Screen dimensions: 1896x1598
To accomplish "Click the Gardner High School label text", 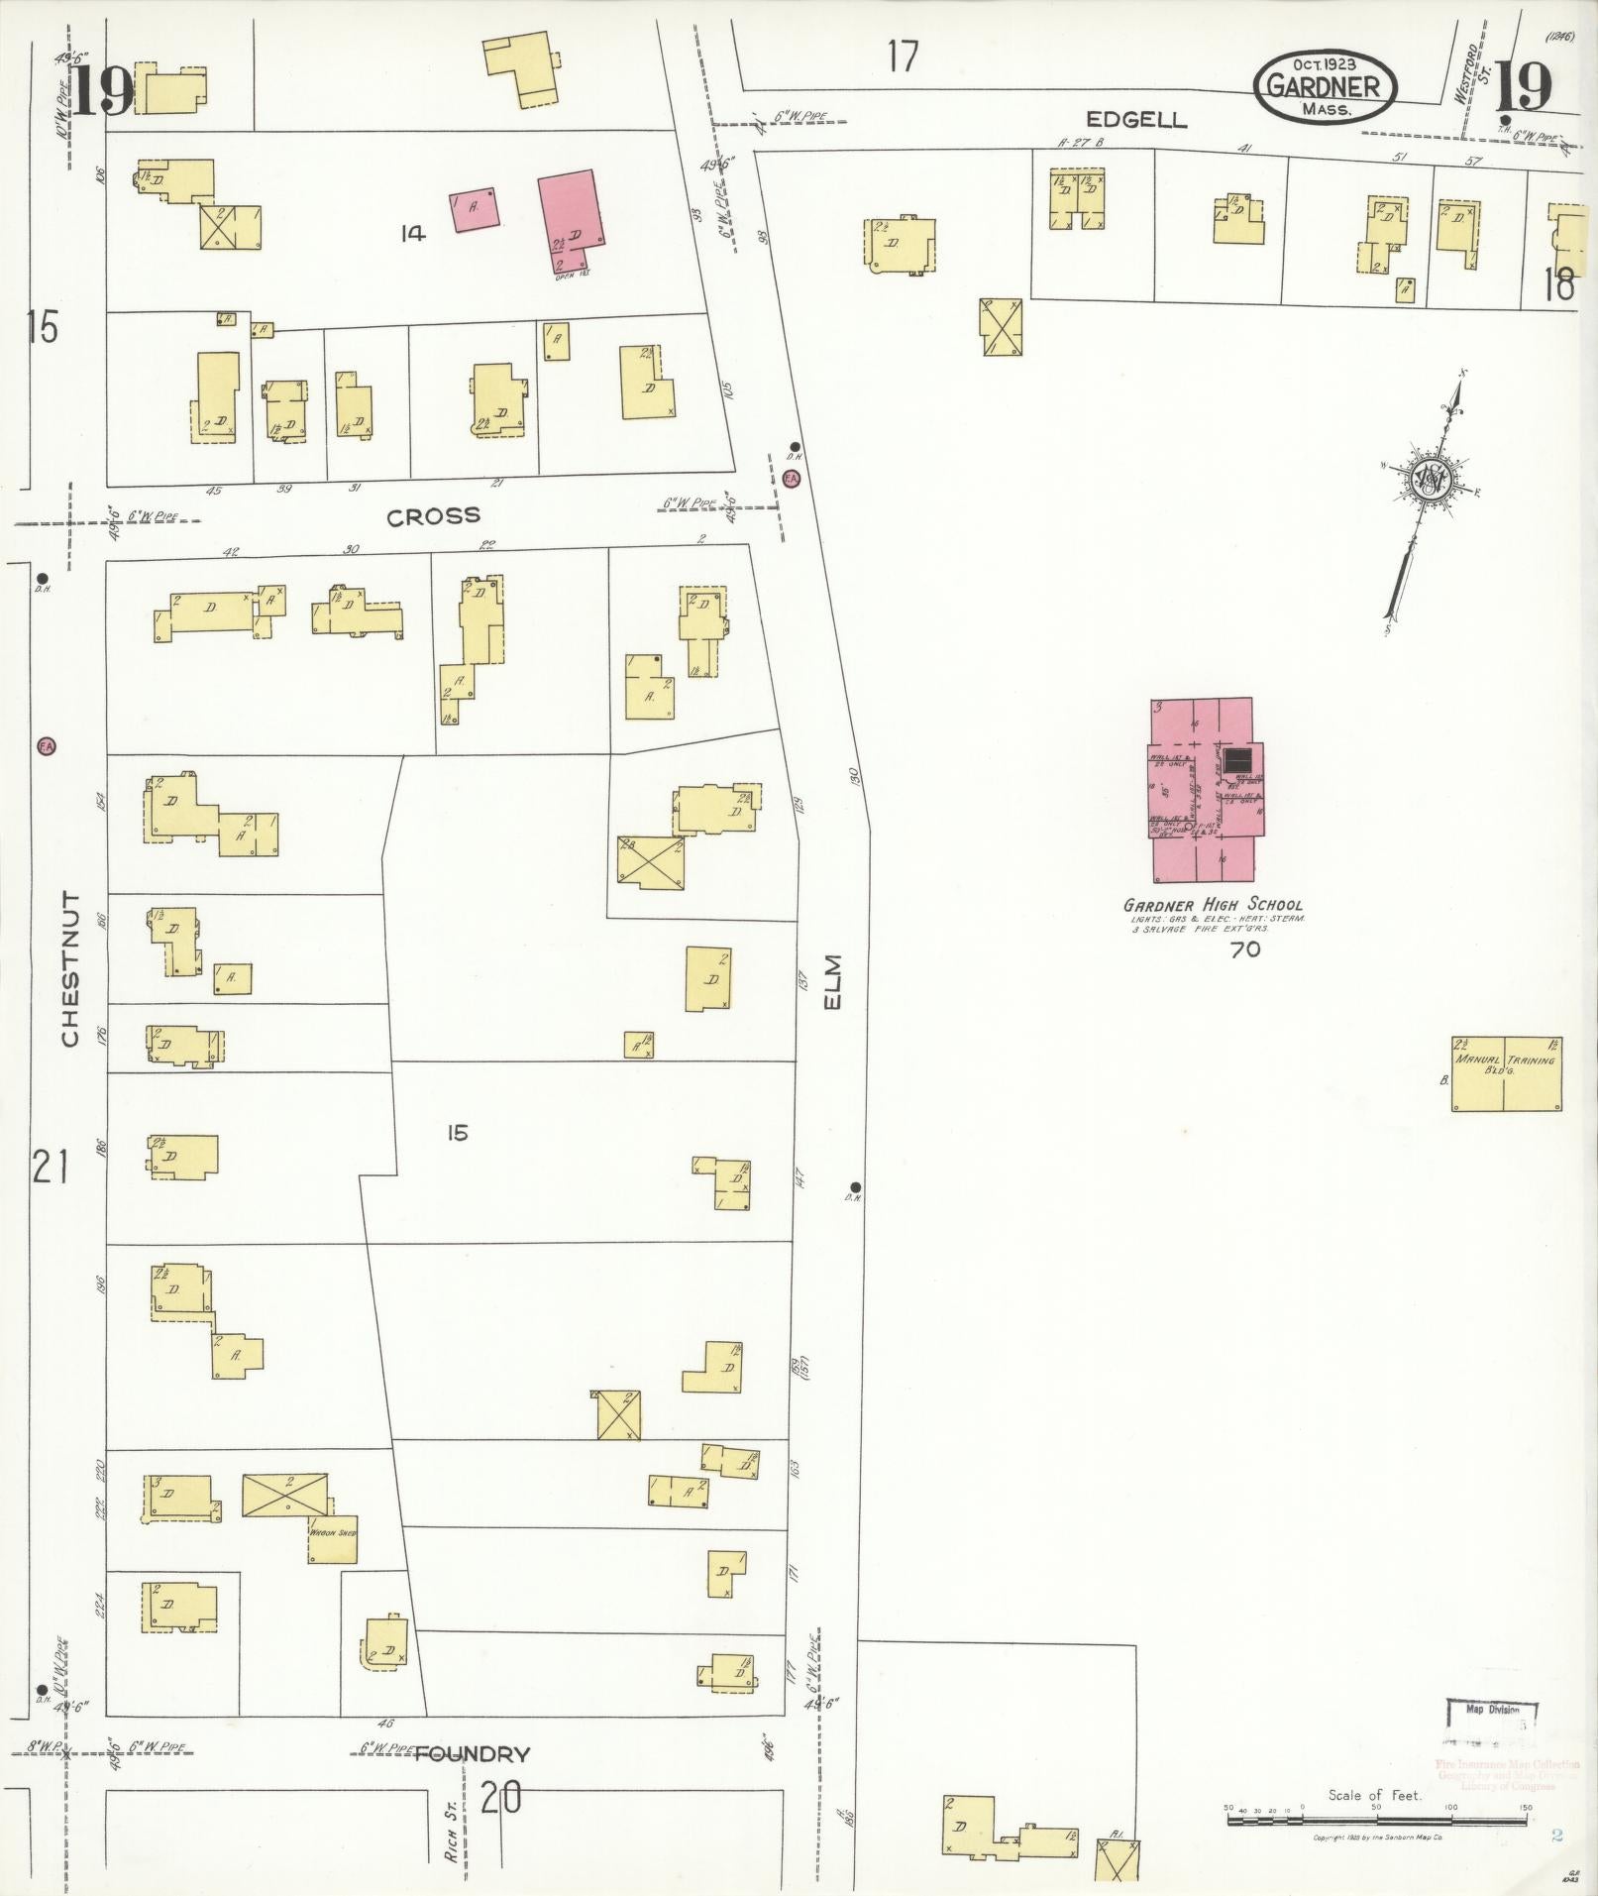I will tap(1213, 905).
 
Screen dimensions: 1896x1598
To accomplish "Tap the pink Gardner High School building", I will tap(1203, 790).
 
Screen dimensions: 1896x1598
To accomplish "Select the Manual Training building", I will tap(1507, 1073).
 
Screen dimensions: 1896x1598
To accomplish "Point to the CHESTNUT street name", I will tap(69, 968).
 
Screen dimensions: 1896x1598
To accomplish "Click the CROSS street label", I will tap(433, 515).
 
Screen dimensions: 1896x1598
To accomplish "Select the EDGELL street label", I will tap(1136, 120).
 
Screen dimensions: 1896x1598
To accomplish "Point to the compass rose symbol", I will tap(1430, 480).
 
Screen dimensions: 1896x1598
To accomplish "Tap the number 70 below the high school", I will tap(1244, 949).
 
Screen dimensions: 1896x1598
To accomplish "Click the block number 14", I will tap(412, 234).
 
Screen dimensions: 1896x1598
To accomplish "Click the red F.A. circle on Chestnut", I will tap(46, 745).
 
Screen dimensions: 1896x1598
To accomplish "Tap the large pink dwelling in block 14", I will tap(572, 222).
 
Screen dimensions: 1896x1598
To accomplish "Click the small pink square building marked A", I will tap(475, 210).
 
